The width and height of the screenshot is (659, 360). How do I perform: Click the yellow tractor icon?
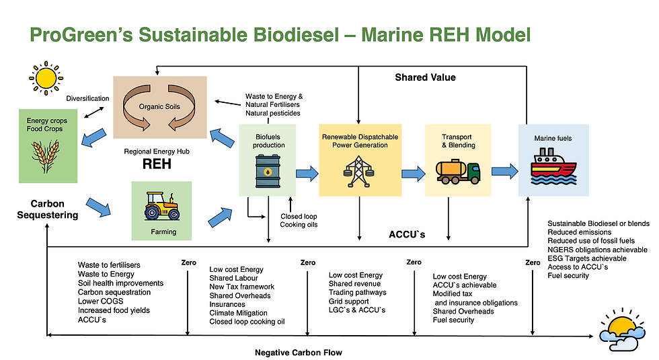[161, 206]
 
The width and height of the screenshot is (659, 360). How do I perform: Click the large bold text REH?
[157, 165]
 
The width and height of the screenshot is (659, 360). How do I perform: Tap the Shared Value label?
[424, 77]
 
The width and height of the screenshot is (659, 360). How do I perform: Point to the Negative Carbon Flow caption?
[299, 353]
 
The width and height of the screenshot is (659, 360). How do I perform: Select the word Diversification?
[87, 98]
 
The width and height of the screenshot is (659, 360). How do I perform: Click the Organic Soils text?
[159, 106]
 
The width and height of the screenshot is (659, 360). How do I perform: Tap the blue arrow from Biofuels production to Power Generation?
[306, 174]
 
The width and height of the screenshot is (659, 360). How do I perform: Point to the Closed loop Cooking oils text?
[299, 221]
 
